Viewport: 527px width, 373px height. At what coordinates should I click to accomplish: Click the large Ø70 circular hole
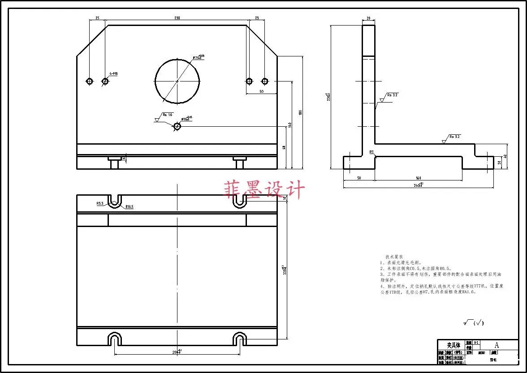(177, 81)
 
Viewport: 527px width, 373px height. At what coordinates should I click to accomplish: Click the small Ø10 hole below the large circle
(177, 126)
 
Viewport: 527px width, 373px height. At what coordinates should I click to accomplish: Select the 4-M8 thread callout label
(113, 73)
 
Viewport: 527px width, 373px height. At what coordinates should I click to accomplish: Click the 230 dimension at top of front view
(177, 18)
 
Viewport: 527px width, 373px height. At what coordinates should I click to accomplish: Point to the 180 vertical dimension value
(300, 112)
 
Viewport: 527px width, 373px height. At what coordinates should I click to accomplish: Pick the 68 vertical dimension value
(284, 147)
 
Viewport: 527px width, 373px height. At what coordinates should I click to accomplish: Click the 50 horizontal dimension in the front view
(261, 91)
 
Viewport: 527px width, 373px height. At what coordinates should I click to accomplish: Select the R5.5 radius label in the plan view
(100, 203)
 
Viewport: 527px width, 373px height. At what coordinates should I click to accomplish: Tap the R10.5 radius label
(130, 207)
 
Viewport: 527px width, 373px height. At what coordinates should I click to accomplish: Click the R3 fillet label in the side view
(371, 152)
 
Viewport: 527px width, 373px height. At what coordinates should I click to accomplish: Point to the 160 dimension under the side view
(418, 178)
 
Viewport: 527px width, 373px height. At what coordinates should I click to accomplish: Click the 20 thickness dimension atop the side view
(368, 18)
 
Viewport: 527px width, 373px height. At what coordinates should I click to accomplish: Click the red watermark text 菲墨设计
(264, 190)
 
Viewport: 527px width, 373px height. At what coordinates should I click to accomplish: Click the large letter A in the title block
(496, 345)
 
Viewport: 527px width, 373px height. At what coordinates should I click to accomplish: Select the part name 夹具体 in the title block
(454, 345)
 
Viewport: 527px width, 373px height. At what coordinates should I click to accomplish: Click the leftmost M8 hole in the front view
(90, 81)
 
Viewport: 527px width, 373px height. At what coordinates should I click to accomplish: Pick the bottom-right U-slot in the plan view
(240, 339)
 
